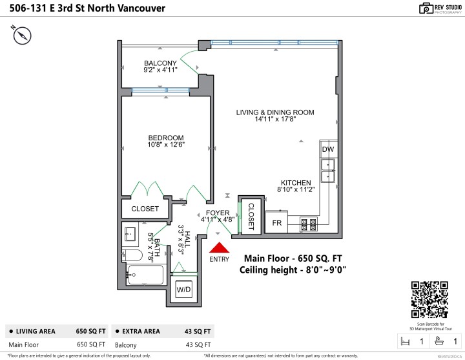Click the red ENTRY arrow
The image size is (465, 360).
coord(220,248)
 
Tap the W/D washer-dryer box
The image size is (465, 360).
coord(184,290)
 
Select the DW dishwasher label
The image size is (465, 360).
coord(327,149)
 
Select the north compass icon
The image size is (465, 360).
coord(22,36)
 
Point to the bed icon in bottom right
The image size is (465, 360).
coord(406,341)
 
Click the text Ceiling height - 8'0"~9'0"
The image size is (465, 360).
coord(293,270)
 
